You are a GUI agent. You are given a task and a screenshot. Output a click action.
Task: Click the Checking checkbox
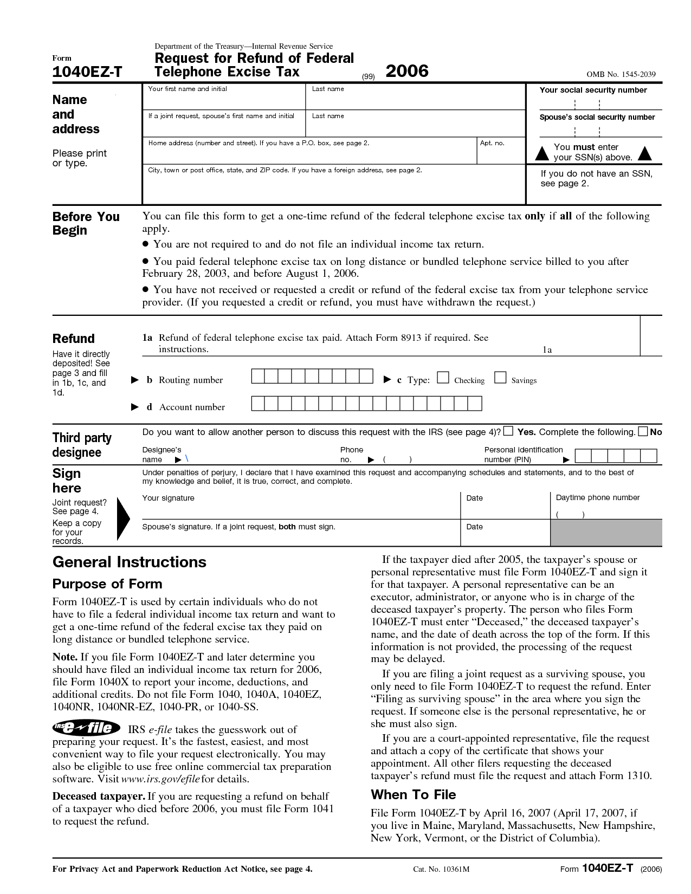[x=443, y=378]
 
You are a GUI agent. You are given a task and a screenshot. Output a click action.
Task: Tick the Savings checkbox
[x=500, y=378]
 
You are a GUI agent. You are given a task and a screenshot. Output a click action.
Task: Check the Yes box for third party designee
[x=508, y=431]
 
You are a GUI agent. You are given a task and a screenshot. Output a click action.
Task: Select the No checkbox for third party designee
[x=643, y=431]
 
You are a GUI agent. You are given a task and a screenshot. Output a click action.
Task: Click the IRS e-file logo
[x=86, y=728]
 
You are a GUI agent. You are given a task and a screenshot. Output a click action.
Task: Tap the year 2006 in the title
[x=406, y=71]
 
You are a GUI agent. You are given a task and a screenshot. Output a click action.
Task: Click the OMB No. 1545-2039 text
[x=624, y=74]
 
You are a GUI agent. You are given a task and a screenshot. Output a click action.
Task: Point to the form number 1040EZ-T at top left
[x=87, y=72]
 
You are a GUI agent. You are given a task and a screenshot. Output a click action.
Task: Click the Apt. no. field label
[x=492, y=143]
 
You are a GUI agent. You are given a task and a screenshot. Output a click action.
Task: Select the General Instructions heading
[x=129, y=562]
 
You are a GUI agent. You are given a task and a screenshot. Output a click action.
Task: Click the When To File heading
[x=413, y=794]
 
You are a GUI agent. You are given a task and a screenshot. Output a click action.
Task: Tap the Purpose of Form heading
[x=107, y=584]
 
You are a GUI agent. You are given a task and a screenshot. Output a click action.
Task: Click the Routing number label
[x=190, y=380]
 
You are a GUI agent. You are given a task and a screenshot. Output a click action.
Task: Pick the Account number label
[x=192, y=407]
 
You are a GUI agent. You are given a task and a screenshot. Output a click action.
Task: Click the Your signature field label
[x=168, y=498]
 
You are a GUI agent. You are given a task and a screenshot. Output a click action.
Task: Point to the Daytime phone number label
[x=598, y=497]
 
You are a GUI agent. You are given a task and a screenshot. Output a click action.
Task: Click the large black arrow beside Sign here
[x=124, y=519]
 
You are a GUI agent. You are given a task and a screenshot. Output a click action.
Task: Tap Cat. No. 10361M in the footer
[x=441, y=869]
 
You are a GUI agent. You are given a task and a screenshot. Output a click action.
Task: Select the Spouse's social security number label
[x=597, y=117]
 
